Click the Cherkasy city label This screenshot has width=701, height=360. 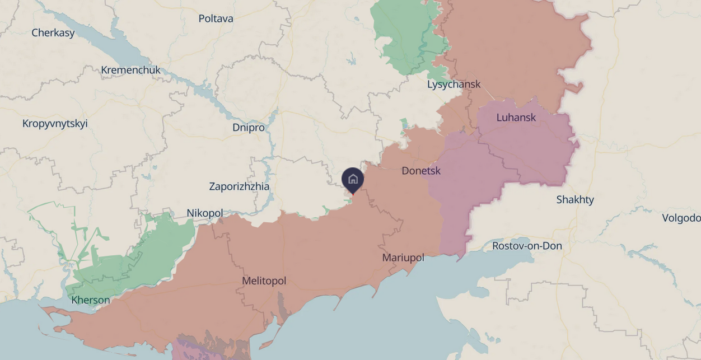click(x=53, y=32)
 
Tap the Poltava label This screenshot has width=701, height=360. click(x=216, y=18)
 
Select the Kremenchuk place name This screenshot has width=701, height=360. click(x=130, y=70)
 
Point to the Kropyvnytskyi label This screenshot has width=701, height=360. click(x=55, y=124)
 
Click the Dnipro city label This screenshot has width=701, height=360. click(x=248, y=128)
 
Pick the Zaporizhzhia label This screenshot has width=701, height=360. click(x=239, y=186)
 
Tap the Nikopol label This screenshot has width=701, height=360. click(x=204, y=213)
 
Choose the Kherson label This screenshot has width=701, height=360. click(x=91, y=300)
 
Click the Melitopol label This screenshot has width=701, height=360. click(x=264, y=281)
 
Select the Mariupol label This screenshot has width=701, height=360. click(x=403, y=258)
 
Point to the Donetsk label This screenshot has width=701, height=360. click(x=421, y=171)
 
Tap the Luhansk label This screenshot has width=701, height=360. click(x=516, y=118)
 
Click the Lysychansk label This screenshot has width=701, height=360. click(x=454, y=85)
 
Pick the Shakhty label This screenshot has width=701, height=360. click(x=575, y=200)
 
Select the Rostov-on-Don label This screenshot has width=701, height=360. click(x=527, y=246)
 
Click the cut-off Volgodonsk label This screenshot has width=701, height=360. click(x=681, y=218)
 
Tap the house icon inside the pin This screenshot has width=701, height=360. click(x=353, y=179)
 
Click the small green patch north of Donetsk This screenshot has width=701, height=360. click(x=404, y=126)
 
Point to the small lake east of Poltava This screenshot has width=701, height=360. click(x=351, y=59)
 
